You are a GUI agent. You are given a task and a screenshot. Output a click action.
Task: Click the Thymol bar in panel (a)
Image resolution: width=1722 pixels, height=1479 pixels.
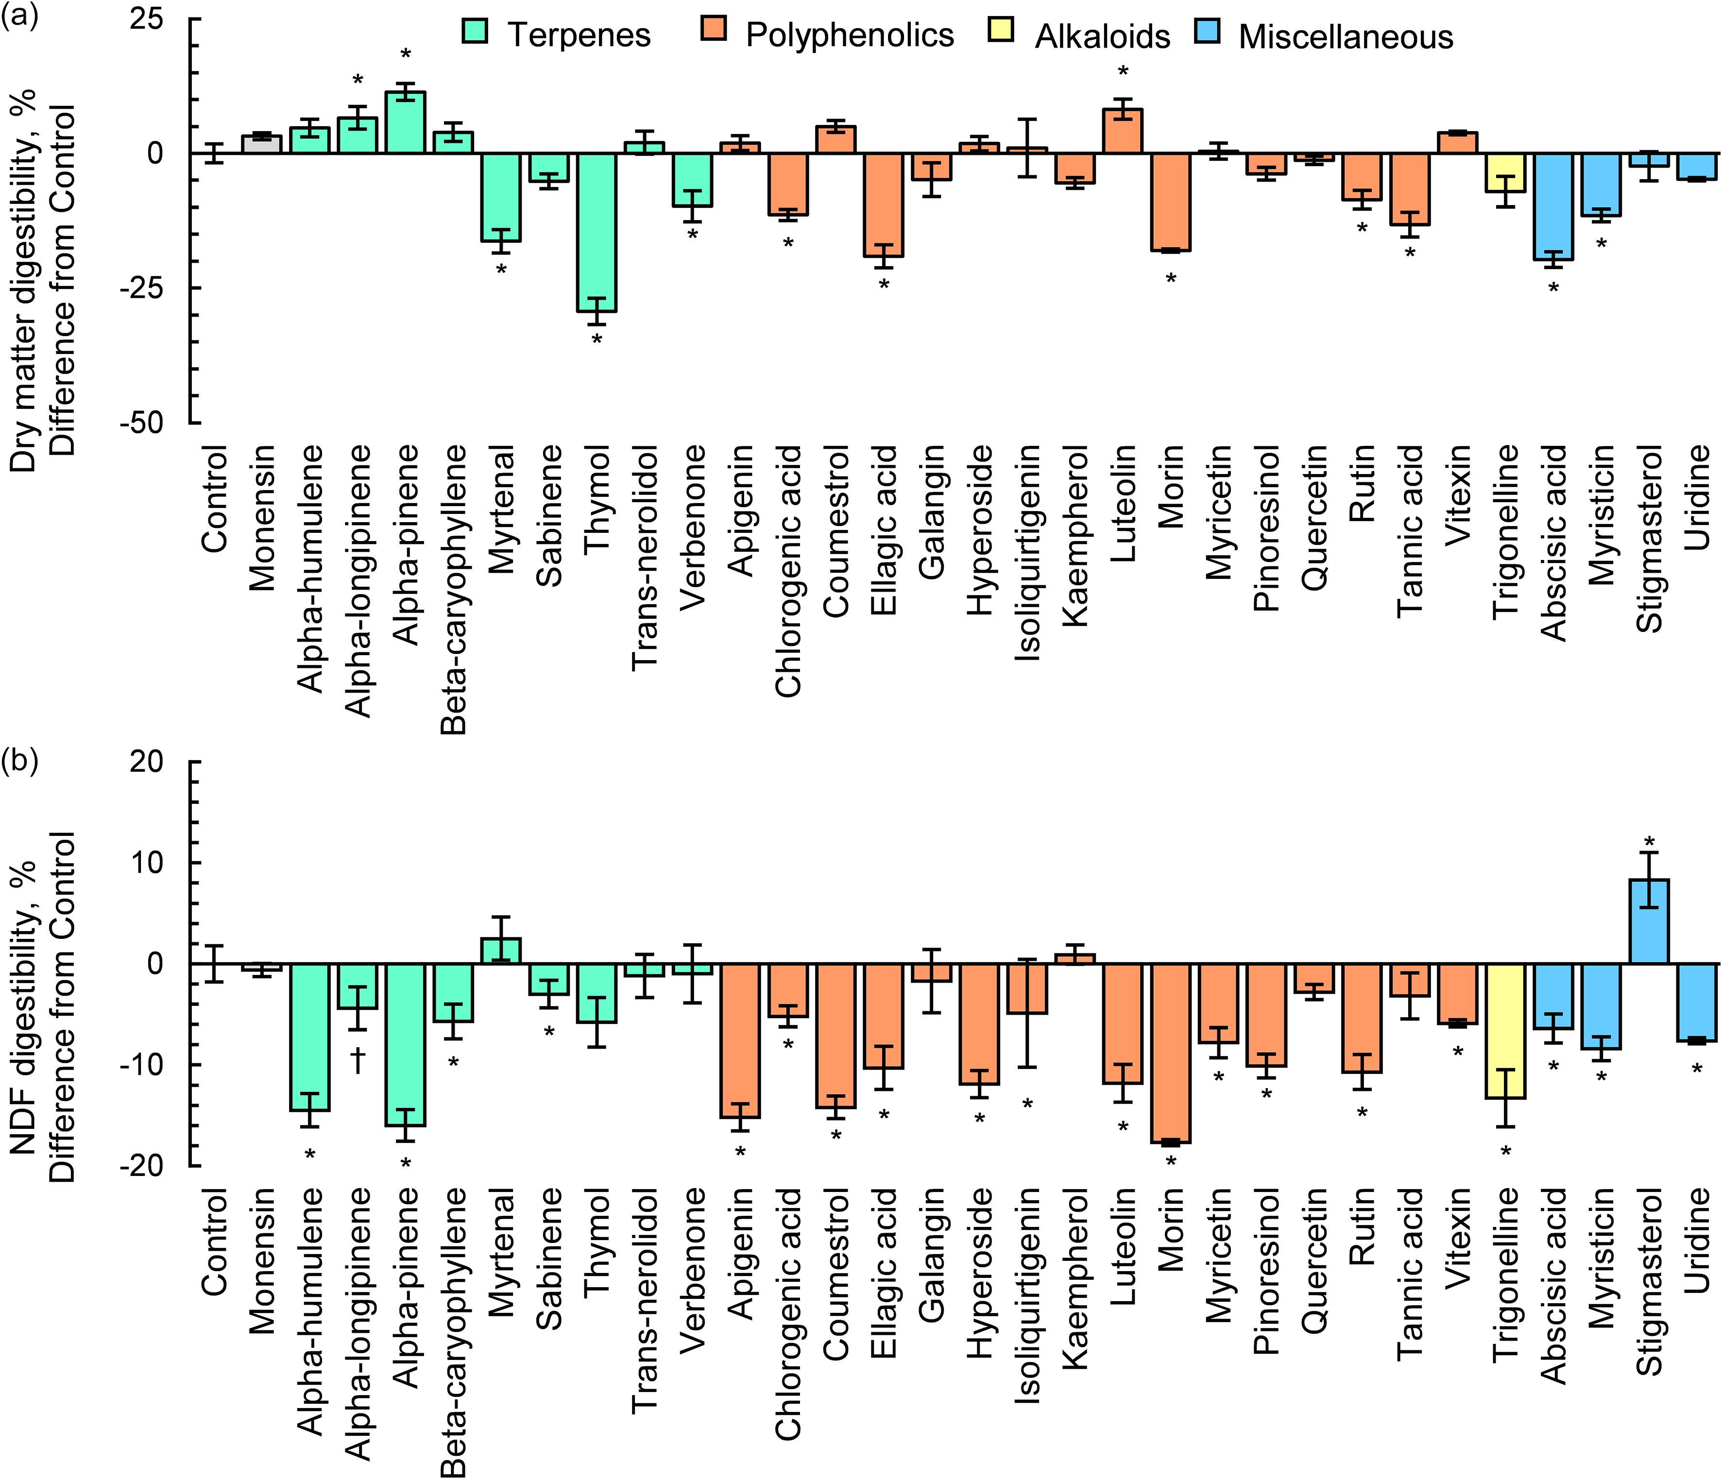coord(597,233)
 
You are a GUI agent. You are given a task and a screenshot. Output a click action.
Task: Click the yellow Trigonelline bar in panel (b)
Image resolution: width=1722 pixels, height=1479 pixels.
coord(1506,1030)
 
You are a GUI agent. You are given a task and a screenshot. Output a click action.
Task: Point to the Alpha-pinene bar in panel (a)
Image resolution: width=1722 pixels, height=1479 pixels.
coord(406,123)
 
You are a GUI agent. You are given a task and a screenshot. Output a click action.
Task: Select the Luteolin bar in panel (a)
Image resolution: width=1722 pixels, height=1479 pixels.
coord(1123,131)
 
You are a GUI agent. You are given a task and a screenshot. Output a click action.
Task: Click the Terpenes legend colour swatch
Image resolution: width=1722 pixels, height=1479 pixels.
coord(475,32)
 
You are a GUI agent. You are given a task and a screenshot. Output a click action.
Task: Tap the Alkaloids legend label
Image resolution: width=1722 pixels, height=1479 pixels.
coord(1102,36)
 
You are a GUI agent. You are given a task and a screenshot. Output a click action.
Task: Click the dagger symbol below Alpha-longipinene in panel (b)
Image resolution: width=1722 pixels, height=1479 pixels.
coord(358,1060)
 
